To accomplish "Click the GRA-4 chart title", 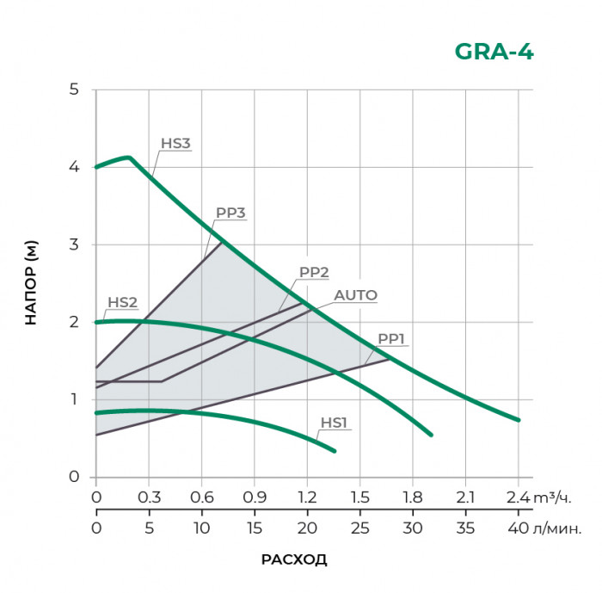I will coord(494,52).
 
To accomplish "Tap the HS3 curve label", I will coord(175,144).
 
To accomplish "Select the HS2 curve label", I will coord(122,303).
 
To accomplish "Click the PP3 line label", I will coord(230,214).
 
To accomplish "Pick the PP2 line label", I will coord(314,272).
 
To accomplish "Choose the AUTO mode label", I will coord(355,295).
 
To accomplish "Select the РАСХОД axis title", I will coord(294,559).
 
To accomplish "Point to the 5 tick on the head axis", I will coord(74,90).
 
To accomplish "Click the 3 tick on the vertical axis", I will coord(74,244).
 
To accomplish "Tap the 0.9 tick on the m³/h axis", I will coord(255,497).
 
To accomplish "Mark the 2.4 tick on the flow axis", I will coord(518,497).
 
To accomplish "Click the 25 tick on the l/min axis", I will coord(360,527).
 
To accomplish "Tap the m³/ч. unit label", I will coord(554,497).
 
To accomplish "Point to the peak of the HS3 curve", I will coord(128,157).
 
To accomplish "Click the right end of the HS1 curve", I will coord(335,451).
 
